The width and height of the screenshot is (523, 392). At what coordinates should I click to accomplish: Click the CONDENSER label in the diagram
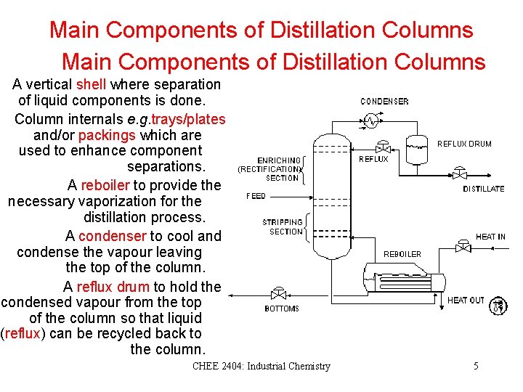tap(384, 102)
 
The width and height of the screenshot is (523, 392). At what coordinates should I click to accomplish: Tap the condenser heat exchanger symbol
tap(371, 120)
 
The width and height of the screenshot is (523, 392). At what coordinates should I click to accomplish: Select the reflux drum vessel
tap(417, 149)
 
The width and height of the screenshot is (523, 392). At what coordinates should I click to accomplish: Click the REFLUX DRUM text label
tap(464, 144)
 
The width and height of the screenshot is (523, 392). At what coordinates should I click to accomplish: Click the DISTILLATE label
tap(483, 189)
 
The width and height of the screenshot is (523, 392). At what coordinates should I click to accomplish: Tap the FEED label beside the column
tap(256, 196)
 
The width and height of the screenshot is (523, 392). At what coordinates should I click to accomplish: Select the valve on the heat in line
tap(463, 247)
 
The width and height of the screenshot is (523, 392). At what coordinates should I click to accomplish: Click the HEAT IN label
tap(490, 237)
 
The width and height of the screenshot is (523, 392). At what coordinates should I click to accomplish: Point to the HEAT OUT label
tap(466, 300)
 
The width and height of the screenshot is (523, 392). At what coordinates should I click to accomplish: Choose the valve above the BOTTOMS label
tap(277, 295)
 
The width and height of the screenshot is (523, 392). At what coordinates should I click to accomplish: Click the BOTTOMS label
tap(282, 309)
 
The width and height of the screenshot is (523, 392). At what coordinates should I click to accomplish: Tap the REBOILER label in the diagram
tap(402, 254)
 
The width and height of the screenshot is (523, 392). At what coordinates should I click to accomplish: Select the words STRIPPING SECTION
tap(283, 226)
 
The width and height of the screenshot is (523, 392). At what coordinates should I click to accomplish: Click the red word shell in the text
tap(91, 85)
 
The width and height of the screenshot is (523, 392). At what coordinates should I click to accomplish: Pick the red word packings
tap(107, 135)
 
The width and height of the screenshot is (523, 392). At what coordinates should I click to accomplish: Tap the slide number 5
tap(476, 366)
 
